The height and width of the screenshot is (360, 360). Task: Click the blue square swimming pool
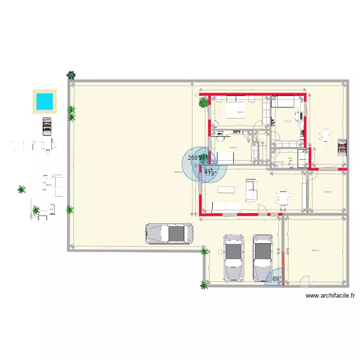click(x=45, y=101)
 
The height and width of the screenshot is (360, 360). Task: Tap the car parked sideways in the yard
click(x=169, y=234)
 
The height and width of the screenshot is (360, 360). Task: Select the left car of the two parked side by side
click(x=233, y=257)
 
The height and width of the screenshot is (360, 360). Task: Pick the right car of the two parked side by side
click(x=263, y=257)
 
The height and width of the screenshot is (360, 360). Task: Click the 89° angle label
click(x=276, y=278)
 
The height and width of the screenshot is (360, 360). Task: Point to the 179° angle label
click(x=211, y=174)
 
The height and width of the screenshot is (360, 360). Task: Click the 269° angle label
click(x=193, y=157)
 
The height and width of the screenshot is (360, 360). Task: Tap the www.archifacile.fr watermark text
click(x=330, y=296)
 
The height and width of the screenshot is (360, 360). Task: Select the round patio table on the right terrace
click(x=326, y=136)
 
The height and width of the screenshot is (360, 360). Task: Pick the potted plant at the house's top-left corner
click(x=204, y=102)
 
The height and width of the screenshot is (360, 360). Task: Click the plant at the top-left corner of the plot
click(x=71, y=75)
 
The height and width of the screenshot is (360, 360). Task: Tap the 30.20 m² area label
click(x=315, y=250)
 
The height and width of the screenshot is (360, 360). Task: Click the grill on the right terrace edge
click(x=342, y=148)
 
